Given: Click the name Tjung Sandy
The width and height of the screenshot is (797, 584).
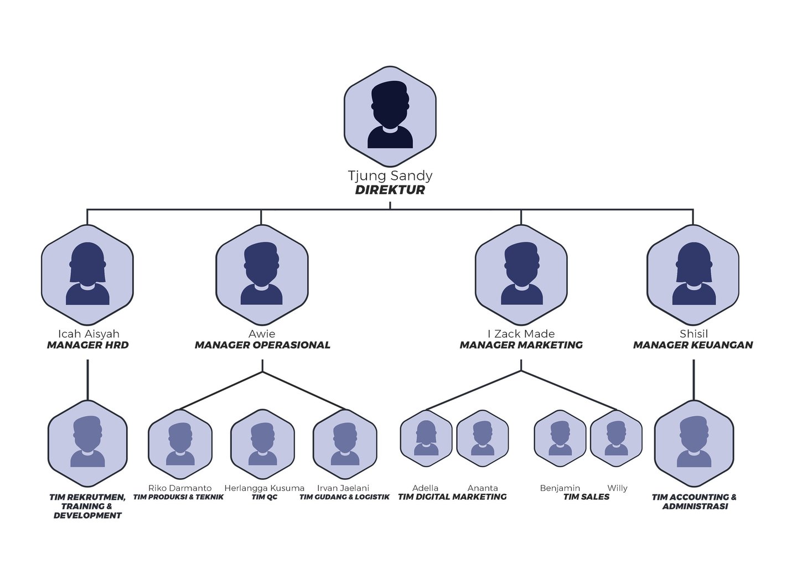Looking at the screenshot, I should click(x=390, y=175).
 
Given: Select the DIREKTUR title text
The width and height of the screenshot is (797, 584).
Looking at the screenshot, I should click(x=390, y=190).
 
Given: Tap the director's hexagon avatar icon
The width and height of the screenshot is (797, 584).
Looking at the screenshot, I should click(x=390, y=116).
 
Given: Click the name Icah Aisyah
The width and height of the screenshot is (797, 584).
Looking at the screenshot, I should click(x=89, y=334).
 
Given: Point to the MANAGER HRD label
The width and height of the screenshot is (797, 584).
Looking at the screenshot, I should click(x=87, y=345).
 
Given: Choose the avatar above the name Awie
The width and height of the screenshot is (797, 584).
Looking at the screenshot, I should click(x=262, y=275).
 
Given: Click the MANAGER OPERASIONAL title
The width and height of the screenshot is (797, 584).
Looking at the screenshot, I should click(x=262, y=345).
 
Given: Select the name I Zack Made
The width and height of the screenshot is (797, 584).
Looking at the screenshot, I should click(x=521, y=334).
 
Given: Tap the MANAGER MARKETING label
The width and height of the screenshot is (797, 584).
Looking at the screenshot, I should click(x=521, y=345).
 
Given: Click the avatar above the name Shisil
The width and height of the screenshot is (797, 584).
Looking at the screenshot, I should click(x=693, y=275).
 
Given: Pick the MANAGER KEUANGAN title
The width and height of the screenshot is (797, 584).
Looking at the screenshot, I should click(x=693, y=345).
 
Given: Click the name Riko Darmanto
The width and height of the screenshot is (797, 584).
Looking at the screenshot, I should click(x=180, y=488).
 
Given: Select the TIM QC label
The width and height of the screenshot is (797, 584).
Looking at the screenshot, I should click(x=264, y=497).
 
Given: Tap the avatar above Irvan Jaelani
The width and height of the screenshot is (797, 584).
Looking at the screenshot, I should click(x=345, y=444).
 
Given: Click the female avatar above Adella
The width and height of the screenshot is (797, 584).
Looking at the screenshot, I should click(x=426, y=438).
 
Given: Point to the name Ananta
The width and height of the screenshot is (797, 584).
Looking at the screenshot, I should click(x=483, y=488).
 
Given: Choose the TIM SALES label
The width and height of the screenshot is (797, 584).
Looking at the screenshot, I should click(x=586, y=497).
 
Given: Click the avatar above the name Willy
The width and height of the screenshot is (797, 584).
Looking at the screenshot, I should click(x=616, y=438).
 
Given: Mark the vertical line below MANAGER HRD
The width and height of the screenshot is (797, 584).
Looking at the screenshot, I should click(x=87, y=380).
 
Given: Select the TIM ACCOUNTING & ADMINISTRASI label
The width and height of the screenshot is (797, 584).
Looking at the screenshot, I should click(x=694, y=502).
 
